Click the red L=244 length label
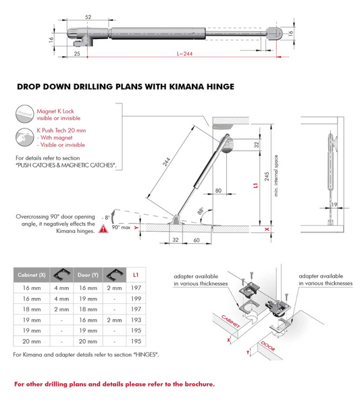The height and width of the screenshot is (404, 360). coord(184,53)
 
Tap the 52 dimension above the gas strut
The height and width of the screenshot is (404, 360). coord(88,17)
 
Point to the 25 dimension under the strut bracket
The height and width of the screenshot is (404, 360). coord(77,53)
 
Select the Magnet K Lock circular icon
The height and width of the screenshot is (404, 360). coord(24,113)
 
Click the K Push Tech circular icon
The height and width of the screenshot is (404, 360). coord(24,137)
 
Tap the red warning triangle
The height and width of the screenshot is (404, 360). coord(103,228)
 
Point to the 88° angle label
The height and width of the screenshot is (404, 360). coord(201,211)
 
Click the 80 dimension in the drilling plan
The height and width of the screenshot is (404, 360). coord(218,191)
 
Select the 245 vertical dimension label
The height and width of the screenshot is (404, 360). coord(267,176)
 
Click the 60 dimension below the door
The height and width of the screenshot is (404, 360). coord(197,240)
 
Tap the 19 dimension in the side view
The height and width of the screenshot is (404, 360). coord(334,205)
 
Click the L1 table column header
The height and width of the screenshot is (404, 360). coord(136,275)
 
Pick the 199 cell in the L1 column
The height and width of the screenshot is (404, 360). coord(136,299)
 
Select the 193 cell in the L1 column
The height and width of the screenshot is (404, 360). coord(136,320)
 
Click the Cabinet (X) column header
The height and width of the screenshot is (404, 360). coord(32,275)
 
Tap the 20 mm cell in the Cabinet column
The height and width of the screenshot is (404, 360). coord(32,341)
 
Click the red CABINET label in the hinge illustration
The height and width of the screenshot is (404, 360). coord(230,321)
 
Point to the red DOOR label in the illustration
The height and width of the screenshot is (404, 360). coord(268,346)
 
